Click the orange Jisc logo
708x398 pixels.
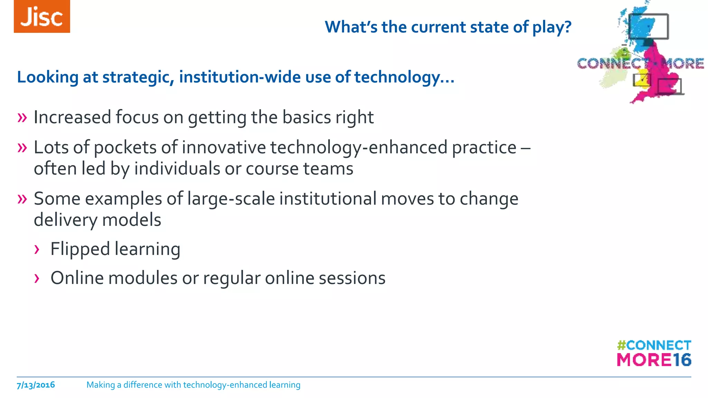pos(42,16)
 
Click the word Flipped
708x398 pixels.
pos(80,249)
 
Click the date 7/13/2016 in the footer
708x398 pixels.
pos(36,385)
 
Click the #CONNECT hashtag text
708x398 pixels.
pos(654,345)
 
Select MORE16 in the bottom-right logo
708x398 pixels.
pos(654,360)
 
